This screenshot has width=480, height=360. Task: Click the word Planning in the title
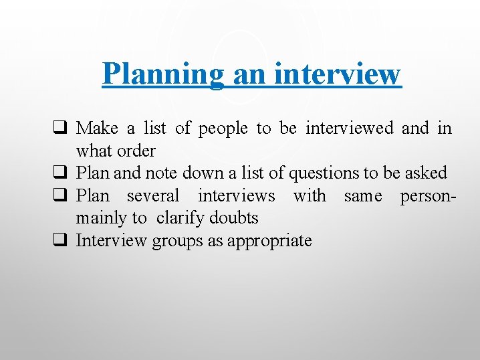[163, 74]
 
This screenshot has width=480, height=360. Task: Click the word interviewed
[349, 128]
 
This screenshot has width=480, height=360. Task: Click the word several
[153, 196]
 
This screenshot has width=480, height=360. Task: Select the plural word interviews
[236, 196]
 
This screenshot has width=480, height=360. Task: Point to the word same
[363, 196]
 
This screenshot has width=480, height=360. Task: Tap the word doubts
[234, 218]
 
